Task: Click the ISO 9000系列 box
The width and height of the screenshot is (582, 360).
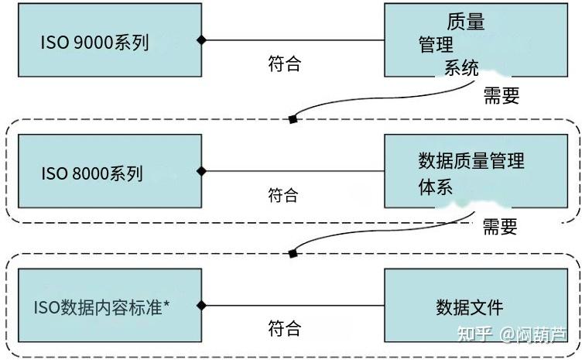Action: click(109, 40)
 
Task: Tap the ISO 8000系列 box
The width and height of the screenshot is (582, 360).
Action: click(109, 171)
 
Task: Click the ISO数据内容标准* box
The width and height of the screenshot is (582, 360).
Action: click(109, 307)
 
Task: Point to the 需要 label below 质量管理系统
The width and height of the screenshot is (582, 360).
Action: click(501, 95)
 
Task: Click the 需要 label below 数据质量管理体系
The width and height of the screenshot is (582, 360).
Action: click(499, 227)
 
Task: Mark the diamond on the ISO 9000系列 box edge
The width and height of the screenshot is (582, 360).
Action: click(201, 39)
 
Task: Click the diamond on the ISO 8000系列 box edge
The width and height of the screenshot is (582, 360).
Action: click(201, 171)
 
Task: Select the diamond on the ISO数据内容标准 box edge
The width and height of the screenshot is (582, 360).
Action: click(201, 305)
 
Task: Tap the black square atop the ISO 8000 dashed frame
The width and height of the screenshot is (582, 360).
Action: click(293, 119)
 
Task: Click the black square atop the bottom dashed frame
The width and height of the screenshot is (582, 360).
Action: click(293, 253)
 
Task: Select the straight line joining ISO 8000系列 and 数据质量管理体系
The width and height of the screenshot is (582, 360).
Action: click(294, 171)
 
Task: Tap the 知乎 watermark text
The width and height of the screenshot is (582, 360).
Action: click(474, 334)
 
